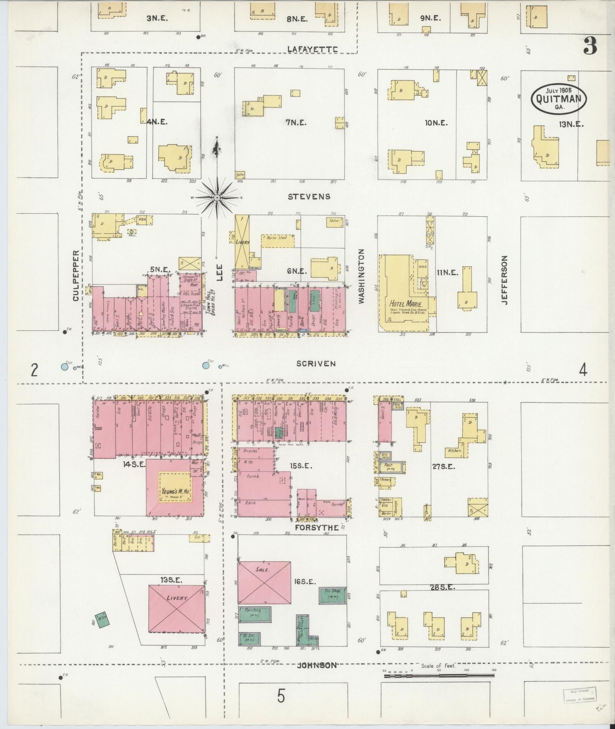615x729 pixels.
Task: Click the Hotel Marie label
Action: click(x=406, y=304)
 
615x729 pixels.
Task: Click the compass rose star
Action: click(x=217, y=197)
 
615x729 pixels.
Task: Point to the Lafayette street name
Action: click(x=312, y=49)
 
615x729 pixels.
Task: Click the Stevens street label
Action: click(x=309, y=196)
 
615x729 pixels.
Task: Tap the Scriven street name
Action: click(x=316, y=364)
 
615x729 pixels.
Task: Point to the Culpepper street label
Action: click(x=76, y=276)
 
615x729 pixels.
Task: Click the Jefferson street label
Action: click(x=505, y=279)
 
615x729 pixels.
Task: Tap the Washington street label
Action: click(x=361, y=276)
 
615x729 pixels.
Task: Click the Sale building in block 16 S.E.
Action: click(x=264, y=582)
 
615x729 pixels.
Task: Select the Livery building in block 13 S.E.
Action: click(x=176, y=609)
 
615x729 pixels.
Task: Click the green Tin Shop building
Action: click(x=332, y=596)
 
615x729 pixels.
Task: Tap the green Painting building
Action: click(x=255, y=613)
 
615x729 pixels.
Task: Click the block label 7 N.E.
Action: click(x=296, y=122)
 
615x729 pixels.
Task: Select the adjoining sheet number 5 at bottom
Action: click(x=281, y=696)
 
